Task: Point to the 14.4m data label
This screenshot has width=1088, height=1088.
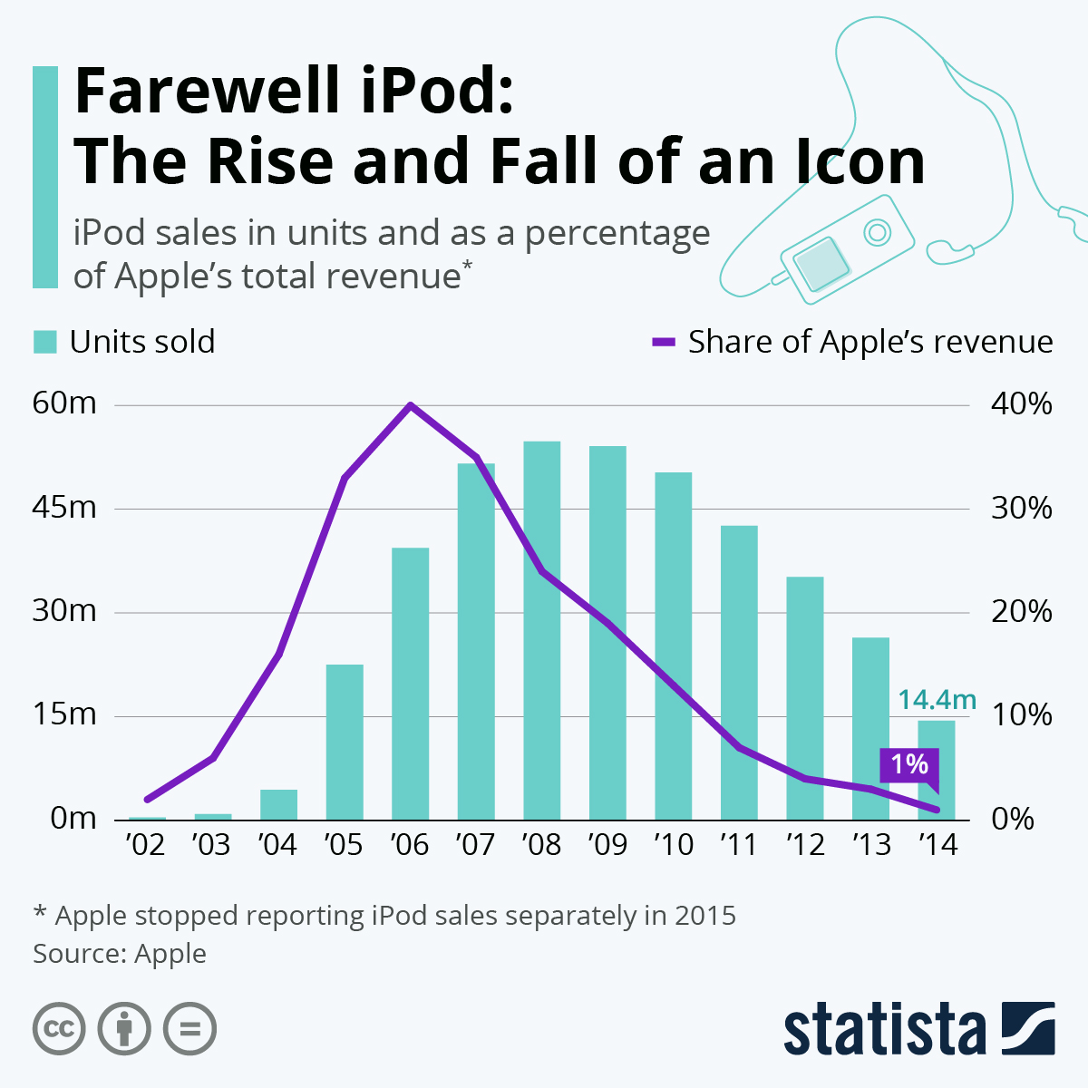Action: pyautogui.click(x=937, y=700)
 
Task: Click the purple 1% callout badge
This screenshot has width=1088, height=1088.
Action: pyautogui.click(x=908, y=765)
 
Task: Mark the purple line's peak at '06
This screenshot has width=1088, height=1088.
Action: pyautogui.click(x=410, y=405)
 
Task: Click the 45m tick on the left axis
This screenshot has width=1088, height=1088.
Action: pyautogui.click(x=64, y=508)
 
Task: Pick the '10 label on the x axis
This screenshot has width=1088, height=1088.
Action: pyautogui.click(x=673, y=845)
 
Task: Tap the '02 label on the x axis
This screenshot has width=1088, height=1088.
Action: pyautogui.click(x=146, y=845)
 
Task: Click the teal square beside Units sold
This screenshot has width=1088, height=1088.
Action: pyautogui.click(x=45, y=342)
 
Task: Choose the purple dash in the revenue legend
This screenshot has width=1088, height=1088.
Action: pyautogui.click(x=664, y=342)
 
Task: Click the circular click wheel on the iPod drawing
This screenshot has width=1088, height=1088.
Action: pyautogui.click(x=876, y=232)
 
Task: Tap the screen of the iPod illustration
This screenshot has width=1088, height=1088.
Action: pyautogui.click(x=821, y=263)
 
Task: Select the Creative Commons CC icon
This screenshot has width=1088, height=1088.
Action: pyautogui.click(x=59, y=1029)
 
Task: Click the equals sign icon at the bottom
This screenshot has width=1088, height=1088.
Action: pyautogui.click(x=189, y=1029)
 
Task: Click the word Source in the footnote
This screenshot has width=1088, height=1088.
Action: pyautogui.click(x=79, y=954)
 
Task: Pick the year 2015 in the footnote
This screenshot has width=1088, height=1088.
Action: pyautogui.click(x=704, y=916)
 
